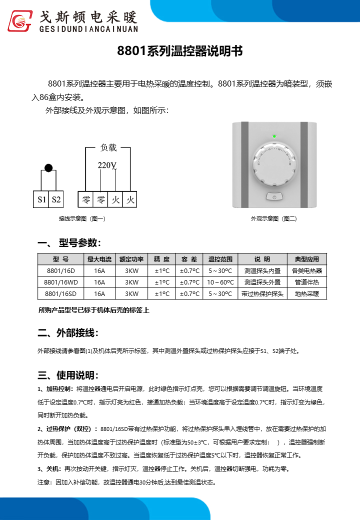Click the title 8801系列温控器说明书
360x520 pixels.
[x=179, y=51]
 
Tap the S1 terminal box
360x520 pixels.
[x=41, y=200]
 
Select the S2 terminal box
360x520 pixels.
[x=56, y=200]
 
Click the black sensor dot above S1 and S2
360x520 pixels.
[x=48, y=168]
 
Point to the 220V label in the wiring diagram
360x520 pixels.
[x=106, y=165]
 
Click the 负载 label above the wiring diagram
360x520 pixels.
[x=108, y=147]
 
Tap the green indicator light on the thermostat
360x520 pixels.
[x=273, y=136]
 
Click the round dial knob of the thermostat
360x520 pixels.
[x=273, y=162]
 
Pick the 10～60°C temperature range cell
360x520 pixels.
[x=220, y=282]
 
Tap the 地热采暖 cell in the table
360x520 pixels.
[x=306, y=293]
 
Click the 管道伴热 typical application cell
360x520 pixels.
[x=306, y=282]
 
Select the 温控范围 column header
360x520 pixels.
[x=220, y=259]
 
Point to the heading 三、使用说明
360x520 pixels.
[x=68, y=375]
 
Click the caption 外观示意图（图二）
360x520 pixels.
[x=273, y=218]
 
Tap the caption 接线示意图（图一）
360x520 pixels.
[x=82, y=218]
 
